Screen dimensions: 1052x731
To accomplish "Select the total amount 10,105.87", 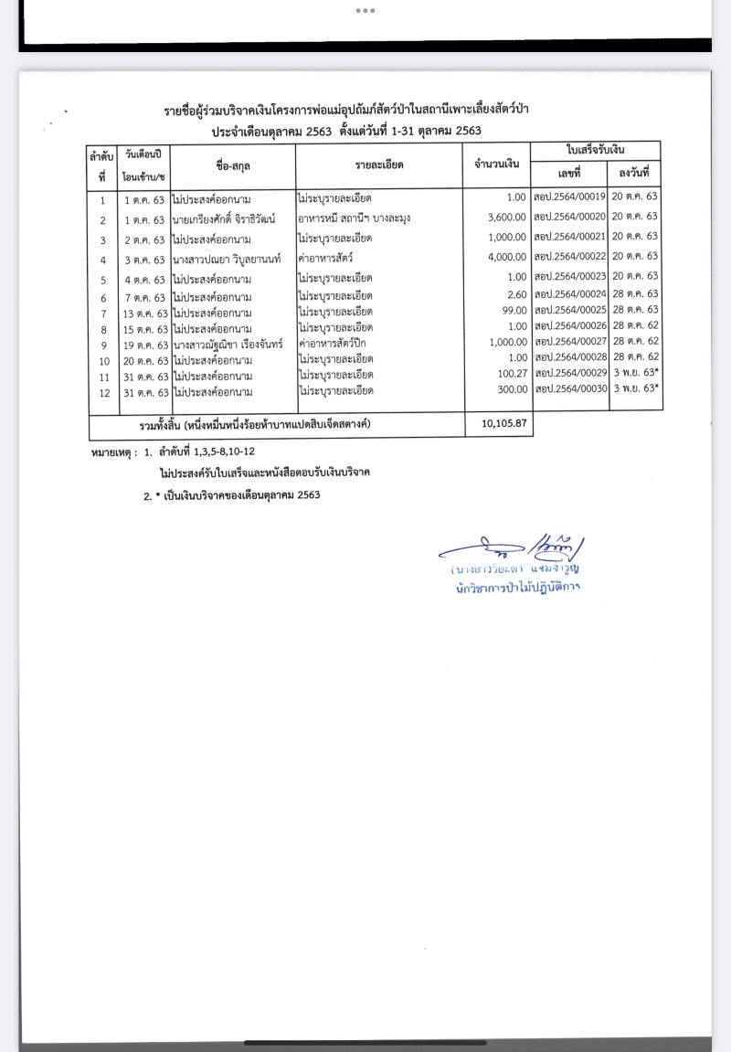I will point(498,425).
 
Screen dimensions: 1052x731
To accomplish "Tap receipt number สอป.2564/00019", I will point(569,197).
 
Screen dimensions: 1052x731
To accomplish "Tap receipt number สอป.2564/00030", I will point(569,389).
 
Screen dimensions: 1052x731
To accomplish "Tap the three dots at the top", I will point(365,11).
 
